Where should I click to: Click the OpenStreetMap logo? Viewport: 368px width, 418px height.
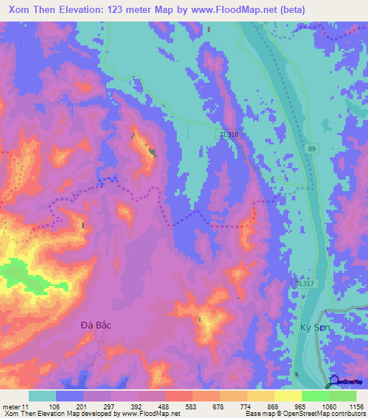pyautogui.click(x=348, y=382)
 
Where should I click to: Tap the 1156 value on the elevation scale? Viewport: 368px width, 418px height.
pyautogui.click(x=354, y=407)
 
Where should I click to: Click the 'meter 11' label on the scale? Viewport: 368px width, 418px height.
pyautogui.click(x=16, y=407)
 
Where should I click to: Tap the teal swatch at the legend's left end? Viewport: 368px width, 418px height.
pyautogui.click(x=42, y=396)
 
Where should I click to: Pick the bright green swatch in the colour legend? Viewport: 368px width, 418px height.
pyautogui.click(x=316, y=396)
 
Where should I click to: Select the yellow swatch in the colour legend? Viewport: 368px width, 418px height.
pyautogui.click(x=261, y=396)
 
